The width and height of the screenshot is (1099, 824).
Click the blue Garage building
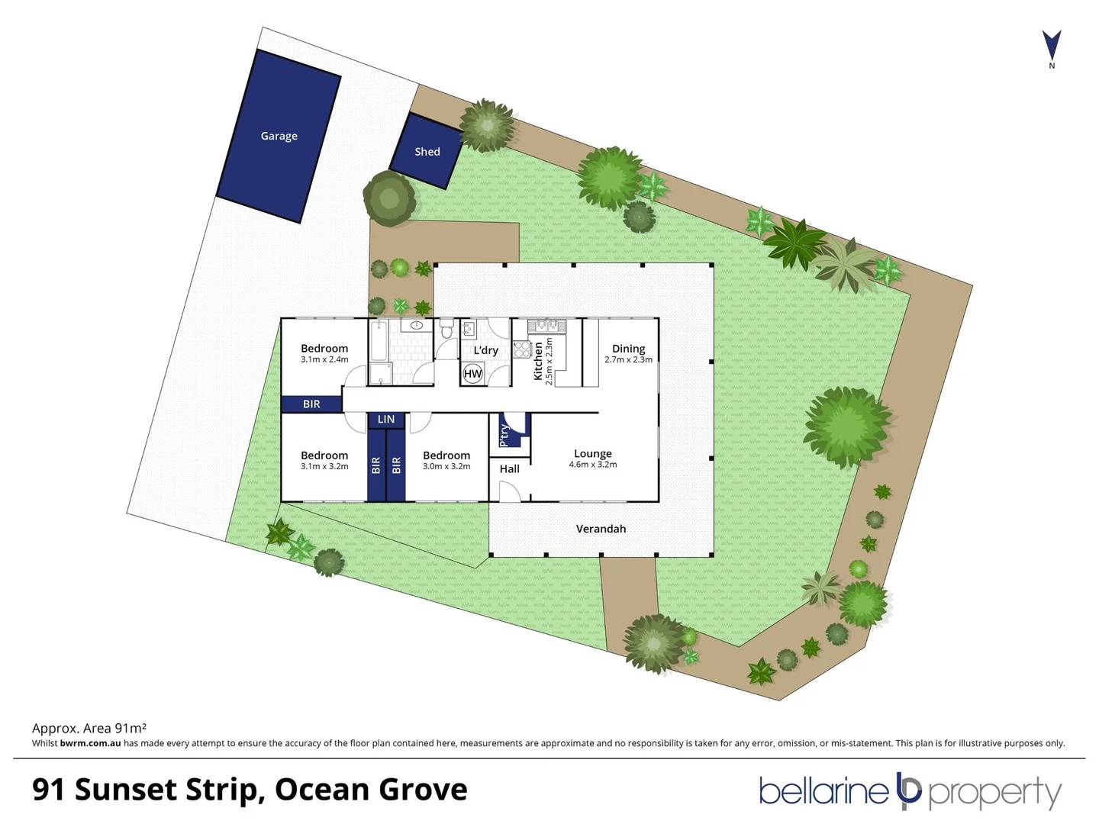click(x=279, y=136)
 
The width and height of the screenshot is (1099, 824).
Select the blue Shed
click(x=427, y=151)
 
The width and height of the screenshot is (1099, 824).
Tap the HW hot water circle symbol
click(x=473, y=373)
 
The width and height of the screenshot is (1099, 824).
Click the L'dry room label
click(x=485, y=350)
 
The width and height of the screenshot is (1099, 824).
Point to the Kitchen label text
click(x=538, y=361)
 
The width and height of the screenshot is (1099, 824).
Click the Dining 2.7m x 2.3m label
click(x=628, y=353)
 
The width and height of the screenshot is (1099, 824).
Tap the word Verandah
click(x=601, y=529)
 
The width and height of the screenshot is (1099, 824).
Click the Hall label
click(x=509, y=468)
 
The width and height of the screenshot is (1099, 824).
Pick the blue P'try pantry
click(x=505, y=433)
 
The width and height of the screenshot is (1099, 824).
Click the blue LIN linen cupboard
click(x=386, y=419)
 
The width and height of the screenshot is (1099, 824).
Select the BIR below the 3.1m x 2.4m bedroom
click(x=311, y=404)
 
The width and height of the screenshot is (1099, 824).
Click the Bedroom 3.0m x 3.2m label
click(x=446, y=459)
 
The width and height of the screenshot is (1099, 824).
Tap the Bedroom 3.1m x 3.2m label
click(x=324, y=459)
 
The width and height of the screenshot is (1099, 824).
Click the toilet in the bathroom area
click(x=446, y=330)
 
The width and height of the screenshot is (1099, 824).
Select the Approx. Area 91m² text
click(x=89, y=728)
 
